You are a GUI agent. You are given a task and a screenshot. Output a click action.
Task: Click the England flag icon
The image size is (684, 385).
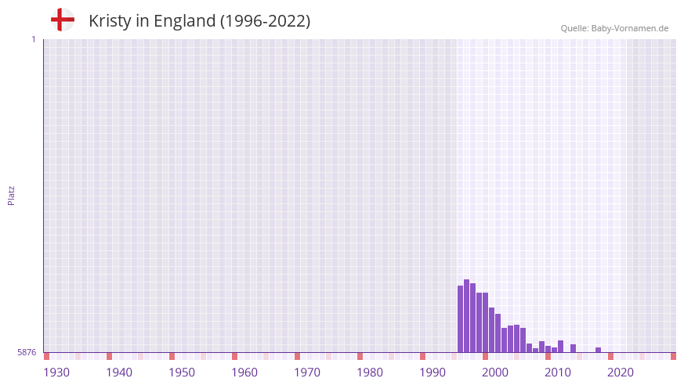point(63,20)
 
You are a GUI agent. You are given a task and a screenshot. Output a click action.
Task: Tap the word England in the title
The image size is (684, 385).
point(184,21)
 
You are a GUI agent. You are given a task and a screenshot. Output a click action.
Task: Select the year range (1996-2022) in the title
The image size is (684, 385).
point(265,21)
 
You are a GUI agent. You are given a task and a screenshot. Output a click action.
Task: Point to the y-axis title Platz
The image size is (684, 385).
point(11,196)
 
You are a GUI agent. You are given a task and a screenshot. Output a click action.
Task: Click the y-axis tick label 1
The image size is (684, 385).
point(33,39)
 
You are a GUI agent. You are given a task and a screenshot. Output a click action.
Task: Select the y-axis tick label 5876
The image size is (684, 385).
point(27,353)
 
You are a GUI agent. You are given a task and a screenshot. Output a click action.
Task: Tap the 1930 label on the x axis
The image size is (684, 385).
point(56,372)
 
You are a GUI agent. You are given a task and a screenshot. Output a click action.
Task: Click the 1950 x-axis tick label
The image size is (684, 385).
point(182,372)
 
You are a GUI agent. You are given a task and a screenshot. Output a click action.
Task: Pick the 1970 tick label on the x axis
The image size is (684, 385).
point(307,372)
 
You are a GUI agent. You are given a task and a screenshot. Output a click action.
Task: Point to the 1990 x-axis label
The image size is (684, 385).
point(432,372)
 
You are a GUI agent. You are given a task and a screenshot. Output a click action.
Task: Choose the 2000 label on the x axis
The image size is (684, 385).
point(495,372)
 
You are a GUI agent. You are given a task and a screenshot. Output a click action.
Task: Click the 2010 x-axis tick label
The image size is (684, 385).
point(558,372)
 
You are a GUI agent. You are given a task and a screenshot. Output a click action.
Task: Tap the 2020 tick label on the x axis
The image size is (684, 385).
point(621,372)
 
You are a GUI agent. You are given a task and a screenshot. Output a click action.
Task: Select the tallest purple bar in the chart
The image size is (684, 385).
point(466,316)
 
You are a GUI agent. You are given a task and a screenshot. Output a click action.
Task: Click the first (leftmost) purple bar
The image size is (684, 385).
point(460,319)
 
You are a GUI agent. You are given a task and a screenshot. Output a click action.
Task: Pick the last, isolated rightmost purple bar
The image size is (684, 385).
point(598,350)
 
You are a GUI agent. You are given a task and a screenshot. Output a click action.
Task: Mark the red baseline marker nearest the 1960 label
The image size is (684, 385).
point(234,356)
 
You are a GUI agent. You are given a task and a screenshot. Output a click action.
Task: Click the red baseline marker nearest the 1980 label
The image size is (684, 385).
point(360,356)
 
